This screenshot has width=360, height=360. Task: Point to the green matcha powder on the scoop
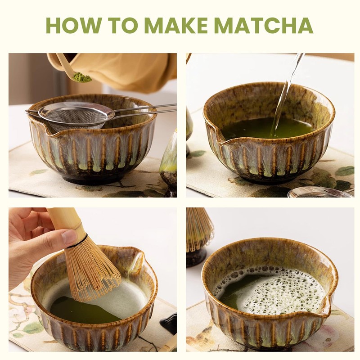point(82,77)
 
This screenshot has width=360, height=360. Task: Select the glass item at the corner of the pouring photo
point(315,192)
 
